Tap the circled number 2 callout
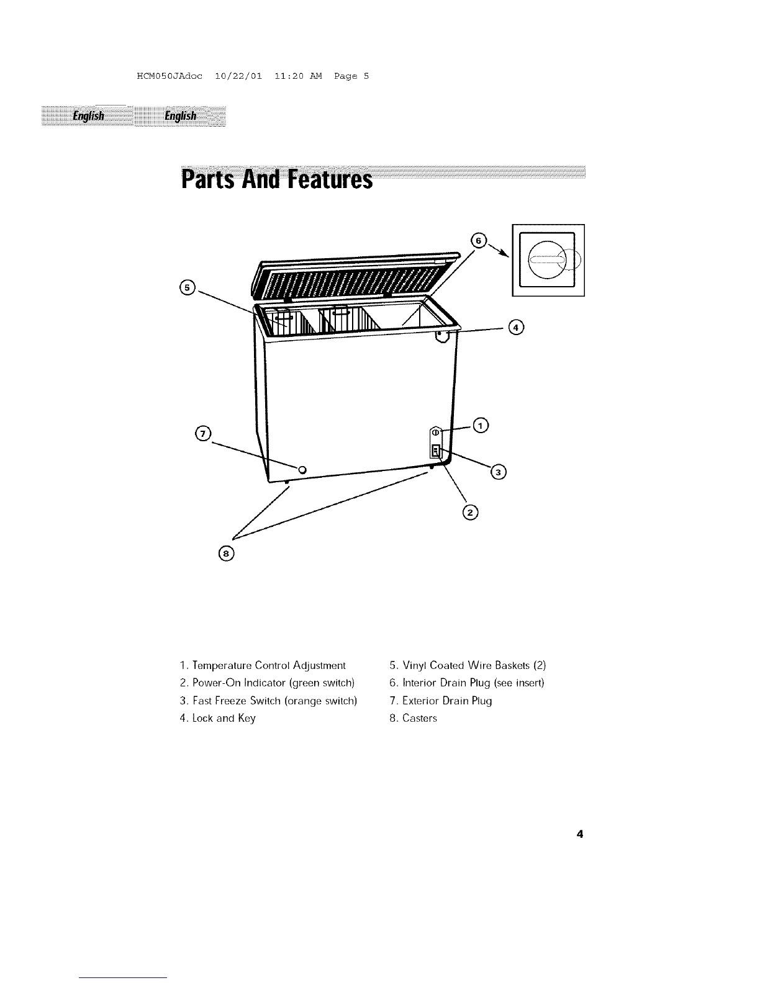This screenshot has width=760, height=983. coord(470,512)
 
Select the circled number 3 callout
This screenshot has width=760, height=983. coord(499,472)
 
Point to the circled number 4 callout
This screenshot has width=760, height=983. coord(516,327)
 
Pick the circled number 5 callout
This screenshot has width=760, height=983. coord(188,287)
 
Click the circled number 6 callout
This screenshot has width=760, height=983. coord(479,240)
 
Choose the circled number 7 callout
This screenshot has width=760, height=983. coord(203,433)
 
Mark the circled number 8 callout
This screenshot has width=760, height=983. coord(227,554)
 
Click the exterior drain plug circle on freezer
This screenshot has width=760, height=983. coord(302,470)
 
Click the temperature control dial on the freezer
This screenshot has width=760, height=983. coord(435,433)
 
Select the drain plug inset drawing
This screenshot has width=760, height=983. coord(548,260)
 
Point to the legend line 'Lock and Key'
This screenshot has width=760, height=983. coord(218,719)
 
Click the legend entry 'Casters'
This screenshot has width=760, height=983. coord(414,718)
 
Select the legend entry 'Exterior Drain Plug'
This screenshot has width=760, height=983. coord(441,701)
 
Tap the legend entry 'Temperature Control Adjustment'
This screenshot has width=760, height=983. coord(263,665)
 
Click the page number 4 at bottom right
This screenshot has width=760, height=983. coord(580,833)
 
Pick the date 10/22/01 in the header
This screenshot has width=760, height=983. coord(238,76)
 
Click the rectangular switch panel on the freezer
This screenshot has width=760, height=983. coord(435,451)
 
